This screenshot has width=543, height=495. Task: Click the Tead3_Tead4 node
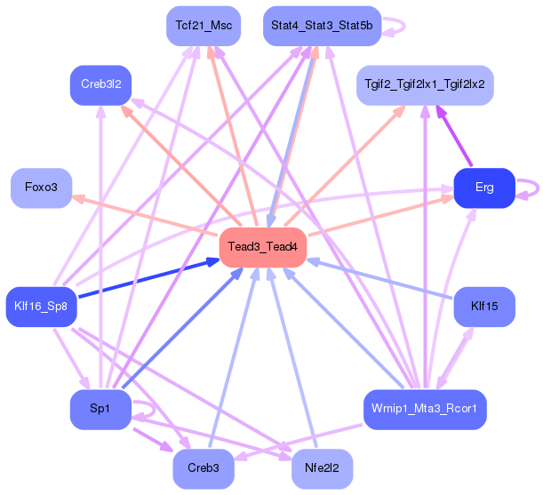(263, 247)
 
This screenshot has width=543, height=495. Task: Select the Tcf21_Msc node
(204, 26)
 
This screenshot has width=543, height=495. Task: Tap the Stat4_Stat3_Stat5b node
(322, 26)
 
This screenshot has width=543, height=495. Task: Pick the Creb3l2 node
(100, 85)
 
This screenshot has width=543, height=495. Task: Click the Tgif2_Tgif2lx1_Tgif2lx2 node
(425, 85)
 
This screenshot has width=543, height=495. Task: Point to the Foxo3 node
(41, 188)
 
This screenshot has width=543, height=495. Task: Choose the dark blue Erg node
(484, 188)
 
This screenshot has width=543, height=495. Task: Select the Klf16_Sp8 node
(41, 307)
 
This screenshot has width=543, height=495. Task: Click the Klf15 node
(484, 307)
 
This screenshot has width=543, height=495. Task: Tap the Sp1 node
(100, 410)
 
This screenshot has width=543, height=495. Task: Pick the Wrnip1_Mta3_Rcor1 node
(425, 410)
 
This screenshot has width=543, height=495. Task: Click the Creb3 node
(204, 469)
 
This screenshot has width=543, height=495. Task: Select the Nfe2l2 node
(322, 469)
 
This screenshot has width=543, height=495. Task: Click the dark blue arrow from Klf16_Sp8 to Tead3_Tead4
(149, 278)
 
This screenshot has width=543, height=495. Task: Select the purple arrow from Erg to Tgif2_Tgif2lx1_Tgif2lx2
(454, 136)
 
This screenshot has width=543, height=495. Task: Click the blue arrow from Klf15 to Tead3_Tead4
(379, 278)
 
